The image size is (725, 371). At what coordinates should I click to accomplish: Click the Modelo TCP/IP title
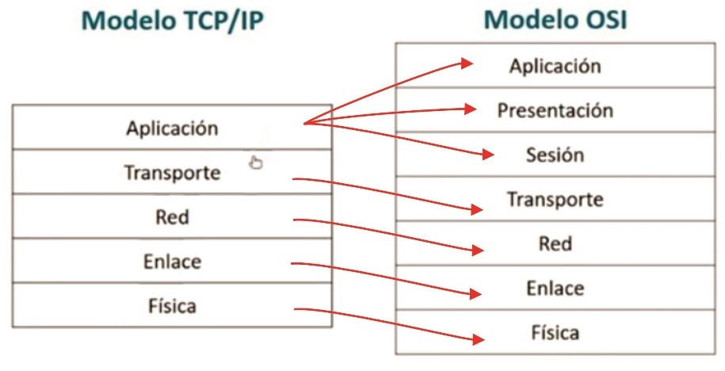coord(173,21)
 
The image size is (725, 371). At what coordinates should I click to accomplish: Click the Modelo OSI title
coord(555,21)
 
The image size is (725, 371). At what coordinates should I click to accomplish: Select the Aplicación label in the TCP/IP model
coord(172,128)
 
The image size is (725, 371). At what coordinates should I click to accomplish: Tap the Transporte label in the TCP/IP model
coord(172,173)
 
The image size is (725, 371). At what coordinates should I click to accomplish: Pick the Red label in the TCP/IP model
coord(172,217)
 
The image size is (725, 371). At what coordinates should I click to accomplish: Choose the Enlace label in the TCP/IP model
coord(172,262)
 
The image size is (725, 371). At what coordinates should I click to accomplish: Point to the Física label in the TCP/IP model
coord(172,306)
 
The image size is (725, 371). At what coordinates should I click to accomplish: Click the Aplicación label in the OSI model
coord(555,66)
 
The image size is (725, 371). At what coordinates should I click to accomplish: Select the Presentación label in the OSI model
coord(555,110)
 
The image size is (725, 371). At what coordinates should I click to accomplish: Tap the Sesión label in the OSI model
coord(555,155)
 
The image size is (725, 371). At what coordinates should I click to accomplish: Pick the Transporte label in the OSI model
coord(555,200)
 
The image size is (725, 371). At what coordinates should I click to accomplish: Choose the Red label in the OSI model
coord(555,243)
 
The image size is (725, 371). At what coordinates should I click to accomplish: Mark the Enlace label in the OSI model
coord(555,289)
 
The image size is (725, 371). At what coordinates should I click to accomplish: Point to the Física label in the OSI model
coord(555,333)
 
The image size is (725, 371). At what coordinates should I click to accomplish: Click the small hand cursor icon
coord(256,163)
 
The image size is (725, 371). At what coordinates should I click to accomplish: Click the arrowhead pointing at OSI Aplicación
coord(467,63)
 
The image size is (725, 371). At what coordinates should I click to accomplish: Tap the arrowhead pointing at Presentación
coord(470,109)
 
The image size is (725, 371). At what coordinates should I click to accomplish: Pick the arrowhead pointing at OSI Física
coord(479,339)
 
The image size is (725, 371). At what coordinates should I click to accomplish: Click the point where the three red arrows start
coord(304,123)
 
